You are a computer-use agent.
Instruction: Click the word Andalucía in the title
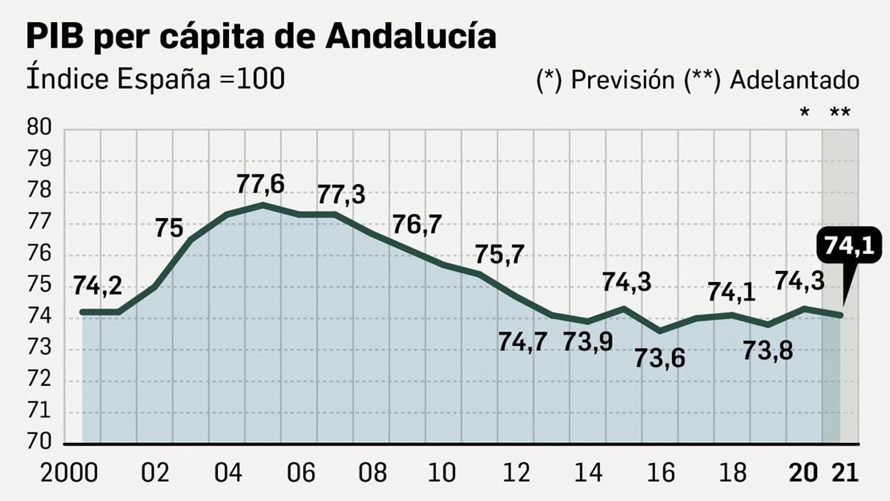(411, 36)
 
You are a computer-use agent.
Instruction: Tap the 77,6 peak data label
(260, 184)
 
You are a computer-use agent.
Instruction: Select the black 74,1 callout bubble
(849, 245)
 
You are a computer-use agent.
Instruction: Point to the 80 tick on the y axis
(39, 127)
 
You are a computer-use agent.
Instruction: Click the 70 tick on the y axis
(39, 441)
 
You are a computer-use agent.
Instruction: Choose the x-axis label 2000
(69, 473)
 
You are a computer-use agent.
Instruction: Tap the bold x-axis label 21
(845, 473)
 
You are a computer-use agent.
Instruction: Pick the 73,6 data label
(660, 358)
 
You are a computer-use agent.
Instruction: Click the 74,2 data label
(97, 286)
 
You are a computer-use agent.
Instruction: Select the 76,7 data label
(417, 225)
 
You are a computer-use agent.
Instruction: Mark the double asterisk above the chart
(840, 113)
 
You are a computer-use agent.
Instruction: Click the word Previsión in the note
(622, 80)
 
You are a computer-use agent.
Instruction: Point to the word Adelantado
(794, 80)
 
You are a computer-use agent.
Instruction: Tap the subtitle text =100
(253, 78)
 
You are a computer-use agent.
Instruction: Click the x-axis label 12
(516, 473)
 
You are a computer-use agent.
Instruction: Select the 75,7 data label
(500, 255)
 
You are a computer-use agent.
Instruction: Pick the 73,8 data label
(768, 351)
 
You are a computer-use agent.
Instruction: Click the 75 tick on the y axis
(39, 285)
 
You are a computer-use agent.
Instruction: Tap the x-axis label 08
(372, 473)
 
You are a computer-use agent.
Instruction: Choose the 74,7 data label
(522, 342)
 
